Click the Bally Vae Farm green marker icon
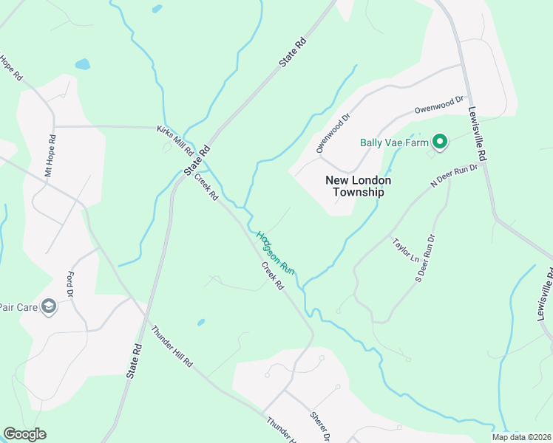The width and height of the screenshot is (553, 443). [440, 142]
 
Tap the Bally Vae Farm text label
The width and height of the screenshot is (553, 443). [395, 142]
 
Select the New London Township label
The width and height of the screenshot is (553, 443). [359, 186]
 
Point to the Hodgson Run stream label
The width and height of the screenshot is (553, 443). [276, 253]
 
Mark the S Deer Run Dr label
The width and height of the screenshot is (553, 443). [424, 258]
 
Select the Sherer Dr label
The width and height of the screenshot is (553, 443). [320, 424]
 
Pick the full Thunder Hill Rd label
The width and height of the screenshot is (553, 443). [171, 347]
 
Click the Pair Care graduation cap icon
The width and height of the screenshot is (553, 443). [50, 306]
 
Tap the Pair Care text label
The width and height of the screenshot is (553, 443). [16, 306]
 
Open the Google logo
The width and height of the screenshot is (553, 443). [24, 434]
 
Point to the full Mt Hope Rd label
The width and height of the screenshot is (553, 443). [50, 155]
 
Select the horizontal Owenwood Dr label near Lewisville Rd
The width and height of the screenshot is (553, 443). [438, 104]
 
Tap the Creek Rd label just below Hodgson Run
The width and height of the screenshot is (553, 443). [272, 276]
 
